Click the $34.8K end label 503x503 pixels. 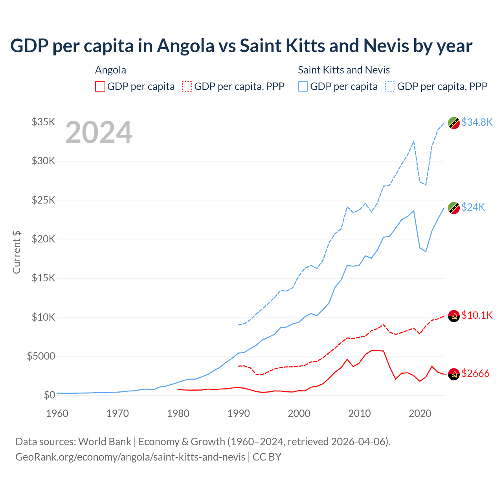pyautogui.click(x=477, y=122)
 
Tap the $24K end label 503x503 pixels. pyautogui.click(x=473, y=207)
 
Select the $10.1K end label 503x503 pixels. pyautogui.click(x=477, y=315)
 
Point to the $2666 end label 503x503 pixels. pyautogui.click(x=475, y=373)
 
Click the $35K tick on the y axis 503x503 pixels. pyautogui.click(x=43, y=122)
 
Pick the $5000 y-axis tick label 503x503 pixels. pyautogui.click(x=41, y=356)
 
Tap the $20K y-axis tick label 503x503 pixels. pyautogui.click(x=43, y=239)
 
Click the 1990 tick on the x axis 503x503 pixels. pyautogui.click(x=239, y=413)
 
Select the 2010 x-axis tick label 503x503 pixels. pyautogui.click(x=360, y=413)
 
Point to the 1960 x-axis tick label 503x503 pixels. pyautogui.click(x=57, y=413)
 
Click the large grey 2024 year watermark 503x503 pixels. pyautogui.click(x=99, y=133)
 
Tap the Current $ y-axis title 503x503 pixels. pyautogui.click(x=17, y=252)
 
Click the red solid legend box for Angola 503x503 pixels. pyautogui.click(x=100, y=86)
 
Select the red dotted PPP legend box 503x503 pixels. pyautogui.click(x=187, y=86)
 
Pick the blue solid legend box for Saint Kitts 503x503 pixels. pyautogui.click(x=303, y=86)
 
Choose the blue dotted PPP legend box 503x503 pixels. pyautogui.click(x=390, y=86)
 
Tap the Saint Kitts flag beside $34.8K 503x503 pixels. pyautogui.click(x=454, y=123)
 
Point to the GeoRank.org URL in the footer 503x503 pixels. pyautogui.click(x=130, y=457)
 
